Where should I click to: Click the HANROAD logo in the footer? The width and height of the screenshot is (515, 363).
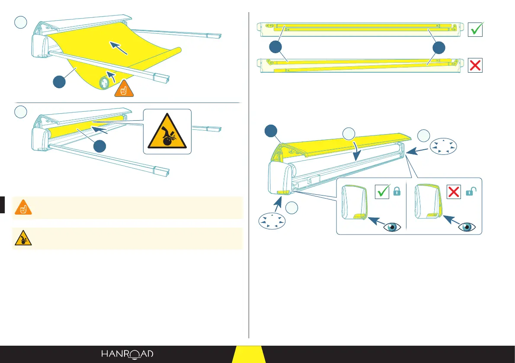[x=127, y=354]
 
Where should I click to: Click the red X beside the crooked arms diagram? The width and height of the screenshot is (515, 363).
[x=475, y=66]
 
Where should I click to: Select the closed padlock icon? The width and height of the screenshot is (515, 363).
[x=396, y=192]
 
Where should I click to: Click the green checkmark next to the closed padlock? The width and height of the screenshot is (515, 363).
[x=382, y=192]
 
